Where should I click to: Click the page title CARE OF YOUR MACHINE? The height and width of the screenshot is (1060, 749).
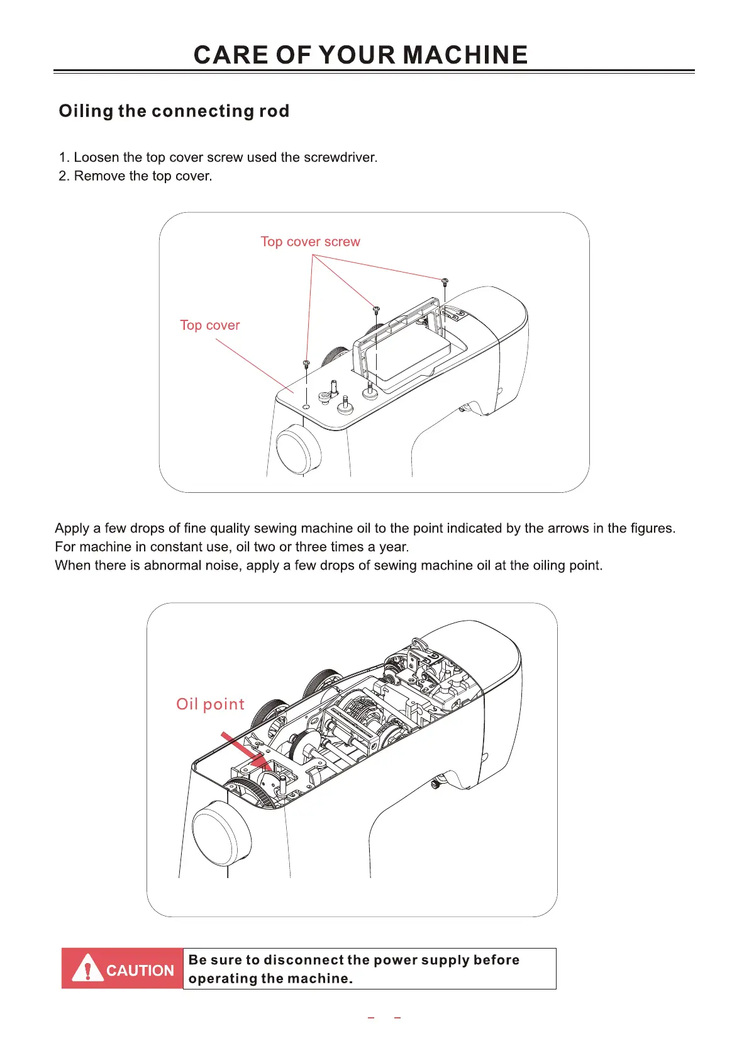click(x=360, y=55)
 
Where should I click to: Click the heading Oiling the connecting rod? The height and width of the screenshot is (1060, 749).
click(x=174, y=111)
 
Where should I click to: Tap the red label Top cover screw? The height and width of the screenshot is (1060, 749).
click(x=310, y=242)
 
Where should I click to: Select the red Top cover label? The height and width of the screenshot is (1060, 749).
click(x=209, y=325)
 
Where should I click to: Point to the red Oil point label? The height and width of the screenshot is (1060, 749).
click(x=210, y=704)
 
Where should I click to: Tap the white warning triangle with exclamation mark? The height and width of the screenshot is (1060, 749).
click(x=87, y=969)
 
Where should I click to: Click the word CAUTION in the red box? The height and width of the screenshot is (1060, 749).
click(x=140, y=971)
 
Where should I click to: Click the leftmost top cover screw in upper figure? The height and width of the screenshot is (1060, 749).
click(x=306, y=364)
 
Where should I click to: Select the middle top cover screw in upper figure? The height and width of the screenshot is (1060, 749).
click(x=376, y=310)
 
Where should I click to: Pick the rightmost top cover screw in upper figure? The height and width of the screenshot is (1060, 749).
click(x=445, y=281)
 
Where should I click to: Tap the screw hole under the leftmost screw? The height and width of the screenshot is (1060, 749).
click(x=306, y=407)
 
